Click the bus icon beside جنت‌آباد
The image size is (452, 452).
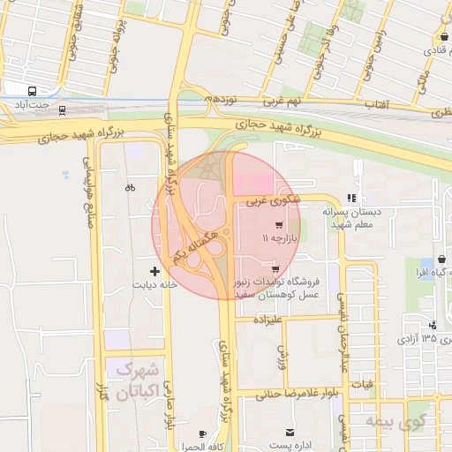[33, 91]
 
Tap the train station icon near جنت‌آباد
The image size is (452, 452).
[62, 109]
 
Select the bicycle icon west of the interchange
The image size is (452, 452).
[131, 187]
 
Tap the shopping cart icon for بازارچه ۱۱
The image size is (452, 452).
[280, 225]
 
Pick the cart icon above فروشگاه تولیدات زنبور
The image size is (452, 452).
[275, 268]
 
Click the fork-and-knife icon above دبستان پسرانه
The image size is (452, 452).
[351, 199]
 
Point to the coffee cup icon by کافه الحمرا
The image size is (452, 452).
[203, 433]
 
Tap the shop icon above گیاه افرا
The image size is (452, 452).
[441, 260]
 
